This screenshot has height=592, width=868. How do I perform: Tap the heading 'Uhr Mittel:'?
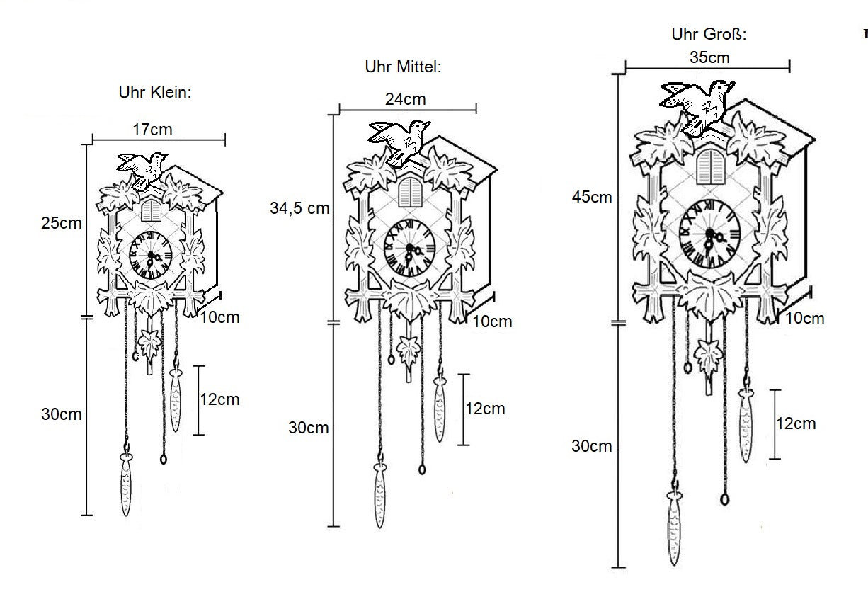[403, 67]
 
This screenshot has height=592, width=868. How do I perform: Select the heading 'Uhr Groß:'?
[709, 34]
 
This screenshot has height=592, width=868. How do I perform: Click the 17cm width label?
[152, 130]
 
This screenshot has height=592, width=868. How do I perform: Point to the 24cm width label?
[405, 99]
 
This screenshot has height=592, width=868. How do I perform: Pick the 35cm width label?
[709, 57]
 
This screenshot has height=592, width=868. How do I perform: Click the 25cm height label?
[62, 223]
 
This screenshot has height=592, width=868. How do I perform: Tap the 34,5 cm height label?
[300, 208]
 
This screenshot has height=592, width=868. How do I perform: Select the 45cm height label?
[592, 197]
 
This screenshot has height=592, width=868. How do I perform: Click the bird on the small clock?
[144, 169]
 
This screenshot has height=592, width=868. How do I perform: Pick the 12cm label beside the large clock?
[796, 423]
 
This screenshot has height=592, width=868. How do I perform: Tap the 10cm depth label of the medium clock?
[492, 321]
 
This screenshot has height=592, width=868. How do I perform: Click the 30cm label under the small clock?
[62, 414]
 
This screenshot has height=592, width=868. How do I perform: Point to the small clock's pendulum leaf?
[150, 345]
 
